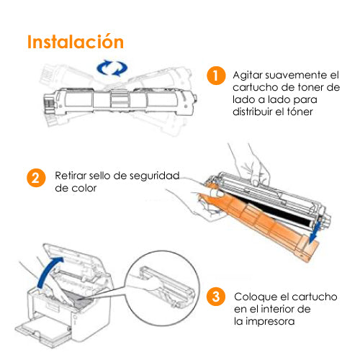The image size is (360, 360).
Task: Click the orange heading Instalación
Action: (x=76, y=42)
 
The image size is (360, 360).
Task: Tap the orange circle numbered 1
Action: (x=216, y=76)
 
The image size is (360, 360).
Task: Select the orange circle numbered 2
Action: (x=36, y=178)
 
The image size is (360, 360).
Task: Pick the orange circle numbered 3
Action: (x=216, y=297)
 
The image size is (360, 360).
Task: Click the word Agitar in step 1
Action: (x=248, y=76)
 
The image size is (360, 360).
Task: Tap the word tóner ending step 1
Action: (x=300, y=112)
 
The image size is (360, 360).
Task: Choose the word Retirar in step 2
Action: (x=71, y=176)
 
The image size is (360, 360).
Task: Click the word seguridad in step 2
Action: (x=155, y=176)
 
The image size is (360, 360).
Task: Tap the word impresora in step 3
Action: (x=270, y=322)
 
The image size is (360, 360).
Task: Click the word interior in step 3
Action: (x=279, y=309)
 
